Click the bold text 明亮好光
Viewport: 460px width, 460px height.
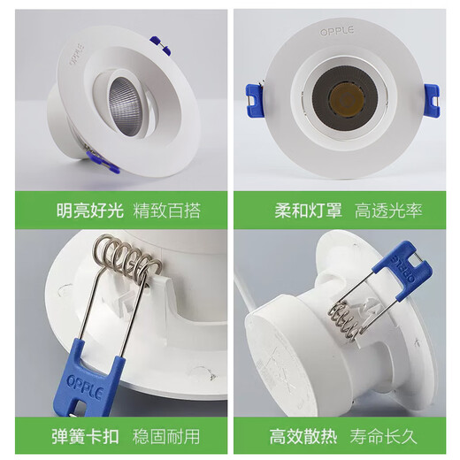pos(87,211)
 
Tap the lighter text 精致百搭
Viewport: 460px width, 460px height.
pos(166,211)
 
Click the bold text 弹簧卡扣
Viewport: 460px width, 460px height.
pos(87,436)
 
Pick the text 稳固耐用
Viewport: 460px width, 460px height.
pos(166,436)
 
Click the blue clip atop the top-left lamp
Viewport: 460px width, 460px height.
pos(160,44)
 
